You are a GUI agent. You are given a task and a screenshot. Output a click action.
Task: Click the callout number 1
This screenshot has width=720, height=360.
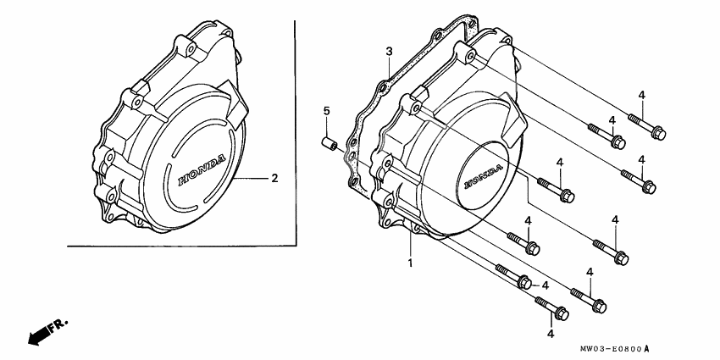pyautogui.click(x=410, y=264)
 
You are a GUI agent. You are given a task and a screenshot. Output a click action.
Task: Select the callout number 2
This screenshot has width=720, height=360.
pyautogui.click(x=274, y=179)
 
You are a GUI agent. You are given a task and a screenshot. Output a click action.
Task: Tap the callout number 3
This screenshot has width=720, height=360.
pyautogui.click(x=389, y=52)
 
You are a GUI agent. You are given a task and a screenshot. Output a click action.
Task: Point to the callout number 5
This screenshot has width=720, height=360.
pyautogui.click(x=324, y=111)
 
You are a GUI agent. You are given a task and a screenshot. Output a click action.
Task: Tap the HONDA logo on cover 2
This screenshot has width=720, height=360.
pyautogui.click(x=202, y=169)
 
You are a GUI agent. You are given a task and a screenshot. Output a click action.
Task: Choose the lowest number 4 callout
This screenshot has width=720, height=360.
pyautogui.click(x=551, y=335)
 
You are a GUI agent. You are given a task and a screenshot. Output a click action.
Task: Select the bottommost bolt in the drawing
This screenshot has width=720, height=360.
pyautogui.click(x=551, y=311)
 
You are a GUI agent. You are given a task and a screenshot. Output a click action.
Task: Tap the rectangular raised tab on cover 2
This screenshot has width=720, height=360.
pyautogui.click(x=235, y=103)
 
